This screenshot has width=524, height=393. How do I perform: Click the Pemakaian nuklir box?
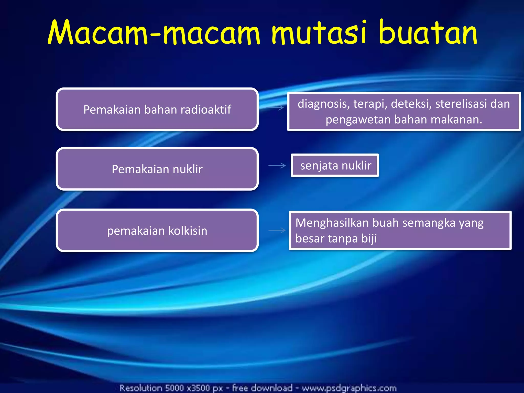157,169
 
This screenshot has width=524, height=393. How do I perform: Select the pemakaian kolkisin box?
157,231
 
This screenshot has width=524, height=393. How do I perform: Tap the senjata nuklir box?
335,165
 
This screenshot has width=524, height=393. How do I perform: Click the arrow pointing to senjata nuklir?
277,166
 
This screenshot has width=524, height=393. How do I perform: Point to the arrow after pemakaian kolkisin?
277,230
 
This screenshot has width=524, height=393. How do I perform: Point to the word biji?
369,238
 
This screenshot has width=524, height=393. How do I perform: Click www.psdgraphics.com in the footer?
349,388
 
